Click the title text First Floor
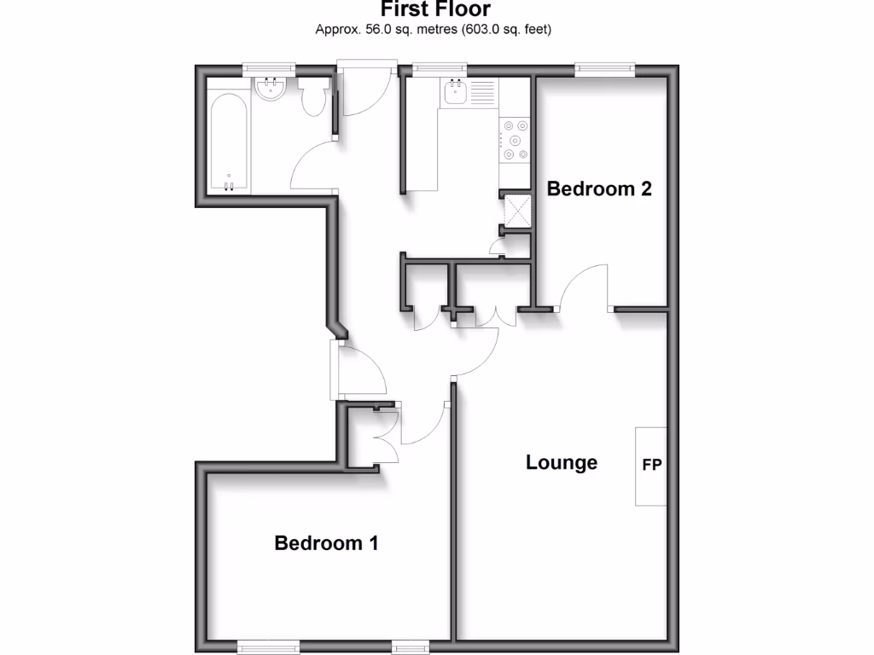coord(435,9)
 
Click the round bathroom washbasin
coord(271,89)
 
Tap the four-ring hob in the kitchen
coord(516,140)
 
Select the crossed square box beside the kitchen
coord(516,211)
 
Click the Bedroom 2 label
coord(599,188)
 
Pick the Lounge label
coord(561,463)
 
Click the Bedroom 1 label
coord(326,543)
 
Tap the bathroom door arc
coord(312,165)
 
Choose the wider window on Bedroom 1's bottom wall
coord(268,646)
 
